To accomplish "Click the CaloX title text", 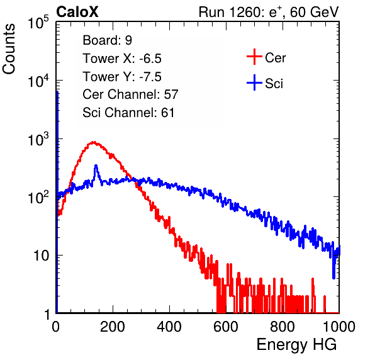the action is (x=77, y=12).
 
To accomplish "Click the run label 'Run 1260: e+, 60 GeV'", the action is (x=269, y=12).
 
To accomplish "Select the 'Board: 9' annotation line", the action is (x=108, y=40).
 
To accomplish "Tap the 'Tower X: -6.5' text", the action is (x=122, y=59).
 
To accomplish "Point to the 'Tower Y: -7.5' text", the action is (x=122, y=77).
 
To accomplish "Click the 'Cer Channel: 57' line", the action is (x=130, y=94).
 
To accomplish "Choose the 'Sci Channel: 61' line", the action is (x=128, y=113).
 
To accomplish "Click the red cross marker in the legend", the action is (x=254, y=57).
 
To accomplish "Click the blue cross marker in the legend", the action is (x=254, y=82).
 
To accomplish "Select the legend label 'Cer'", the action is (x=275, y=58).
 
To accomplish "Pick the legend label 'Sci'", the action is (x=274, y=84).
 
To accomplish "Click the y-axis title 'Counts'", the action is (x=9, y=49).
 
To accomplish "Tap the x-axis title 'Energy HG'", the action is (x=296, y=345).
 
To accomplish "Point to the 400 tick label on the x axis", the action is (x=169, y=327).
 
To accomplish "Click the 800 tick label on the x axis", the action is (x=283, y=327).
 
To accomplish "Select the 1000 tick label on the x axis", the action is (x=339, y=327).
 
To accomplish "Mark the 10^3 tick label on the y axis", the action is (x=38, y=139).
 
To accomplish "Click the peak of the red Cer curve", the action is (x=94, y=142).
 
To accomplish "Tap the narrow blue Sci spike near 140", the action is (x=96, y=166).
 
